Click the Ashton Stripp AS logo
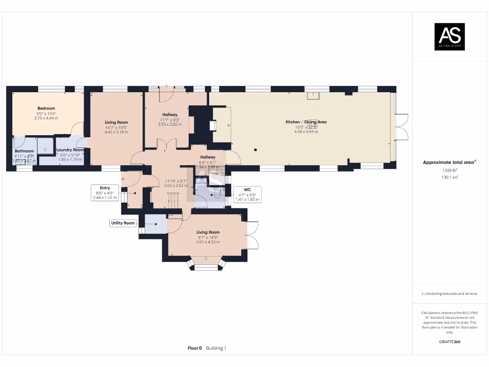click(x=449, y=37)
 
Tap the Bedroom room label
click(x=46, y=108)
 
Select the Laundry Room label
click(x=70, y=150)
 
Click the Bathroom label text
click(x=24, y=151)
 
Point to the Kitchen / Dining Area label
click(x=306, y=122)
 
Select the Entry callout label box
click(x=105, y=193)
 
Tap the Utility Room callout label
click(x=123, y=223)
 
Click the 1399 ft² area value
click(x=449, y=170)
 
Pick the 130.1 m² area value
click(x=449, y=177)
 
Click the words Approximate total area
click(x=448, y=162)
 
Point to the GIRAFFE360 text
click(x=449, y=342)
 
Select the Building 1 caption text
click(x=216, y=348)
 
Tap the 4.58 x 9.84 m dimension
click(x=306, y=131)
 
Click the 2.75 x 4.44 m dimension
click(x=46, y=118)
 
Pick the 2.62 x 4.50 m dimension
click(x=208, y=242)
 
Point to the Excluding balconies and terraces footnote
click(x=449, y=293)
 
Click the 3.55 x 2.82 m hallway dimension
click(x=170, y=124)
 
